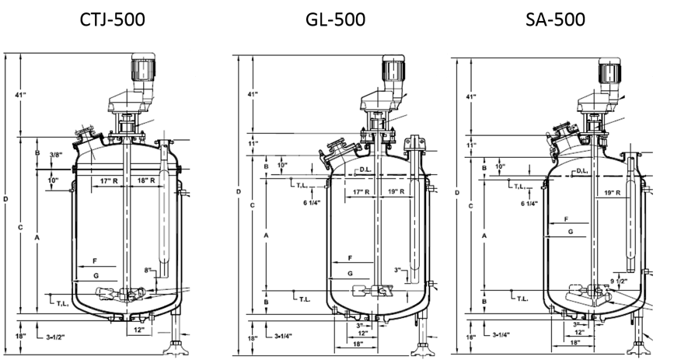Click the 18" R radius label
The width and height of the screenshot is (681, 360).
pos(148,180)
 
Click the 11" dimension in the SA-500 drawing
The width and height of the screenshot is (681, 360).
pos(470,145)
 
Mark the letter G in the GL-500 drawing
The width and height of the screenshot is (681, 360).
pos(350,273)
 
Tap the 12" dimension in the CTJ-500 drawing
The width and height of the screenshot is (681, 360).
pos(138,329)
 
